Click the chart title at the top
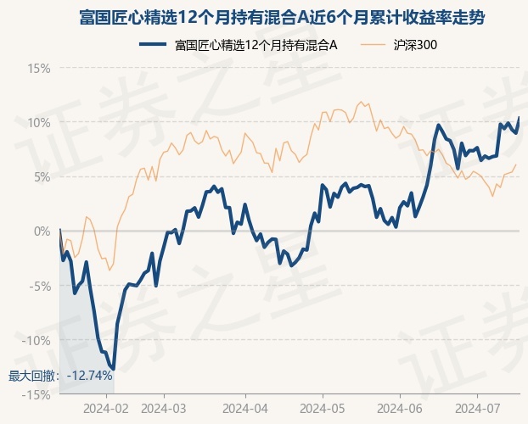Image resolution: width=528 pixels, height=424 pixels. (264, 17)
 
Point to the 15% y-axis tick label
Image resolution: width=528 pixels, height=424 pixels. (39, 68)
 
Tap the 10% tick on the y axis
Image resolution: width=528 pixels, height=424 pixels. (39, 122)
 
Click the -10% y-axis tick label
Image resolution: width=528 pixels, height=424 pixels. (37, 340)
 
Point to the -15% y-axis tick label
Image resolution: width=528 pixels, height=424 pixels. (37, 395)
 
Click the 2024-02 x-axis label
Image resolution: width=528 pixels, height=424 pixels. (108, 409)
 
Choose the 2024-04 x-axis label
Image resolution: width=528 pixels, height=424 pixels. (244, 409)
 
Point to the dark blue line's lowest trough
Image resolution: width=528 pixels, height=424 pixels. (113, 369)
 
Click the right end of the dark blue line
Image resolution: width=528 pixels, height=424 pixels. (519, 118)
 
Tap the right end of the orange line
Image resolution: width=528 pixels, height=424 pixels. (516, 165)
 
